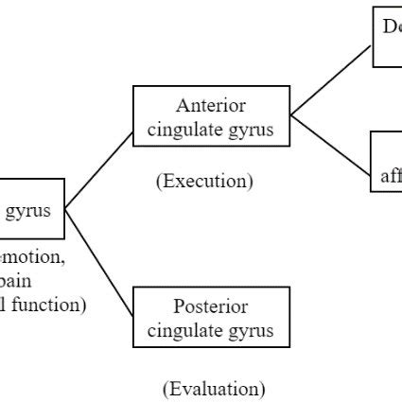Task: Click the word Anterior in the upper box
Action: [211, 105]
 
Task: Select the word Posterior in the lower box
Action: [211, 306]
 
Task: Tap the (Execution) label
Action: [204, 182]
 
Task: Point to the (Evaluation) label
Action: [214, 388]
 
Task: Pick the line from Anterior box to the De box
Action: [331, 81]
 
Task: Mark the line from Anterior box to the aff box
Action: [331, 148]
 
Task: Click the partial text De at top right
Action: [392, 27]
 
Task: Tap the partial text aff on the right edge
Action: [391, 176]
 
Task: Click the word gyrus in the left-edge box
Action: [28, 210]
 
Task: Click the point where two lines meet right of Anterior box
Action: [290, 115]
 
